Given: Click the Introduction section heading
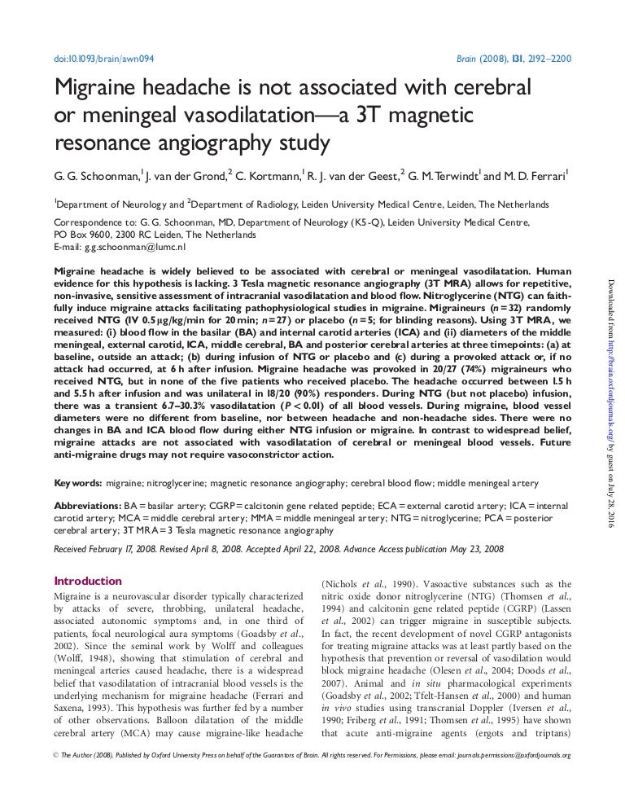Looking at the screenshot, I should (x=87, y=581).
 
